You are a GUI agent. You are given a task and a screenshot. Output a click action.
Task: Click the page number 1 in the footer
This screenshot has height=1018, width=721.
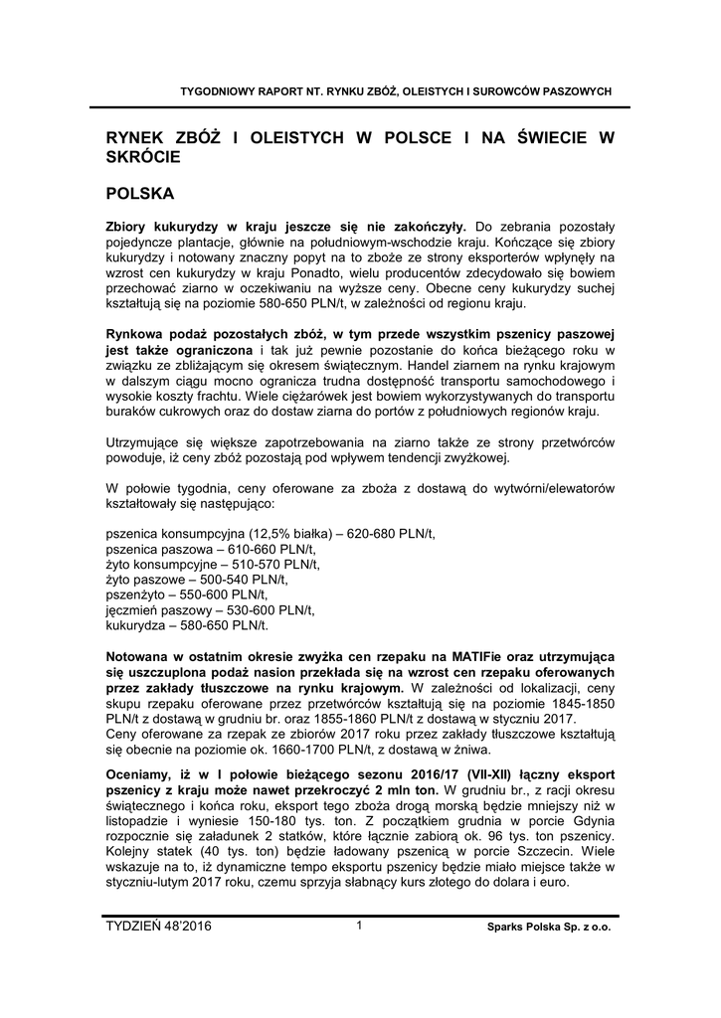[x=359, y=926]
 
